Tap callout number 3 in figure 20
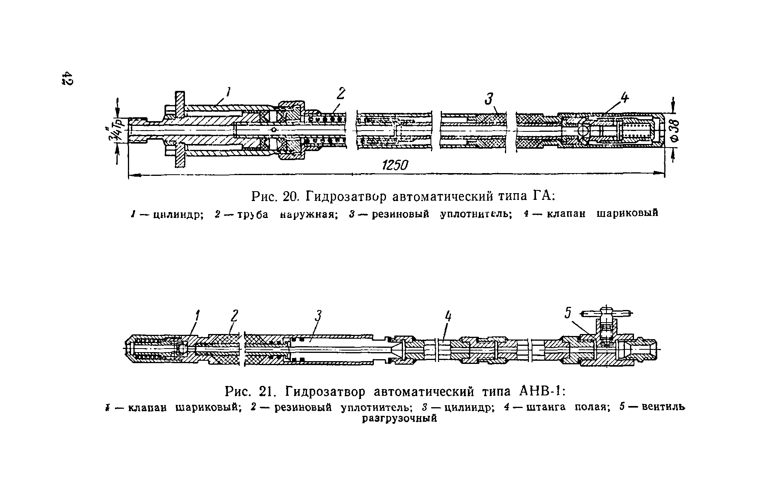[x=489, y=99]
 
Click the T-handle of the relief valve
[x=606, y=314]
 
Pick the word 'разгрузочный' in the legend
[x=399, y=418]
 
